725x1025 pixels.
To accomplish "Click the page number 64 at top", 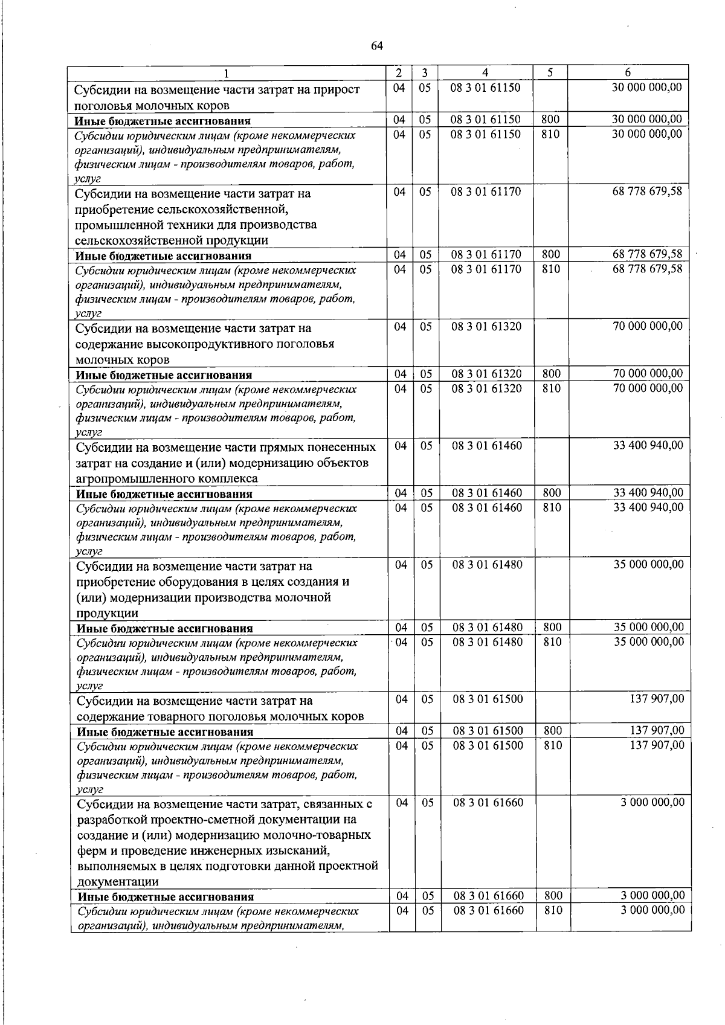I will pyautogui.click(x=377, y=46).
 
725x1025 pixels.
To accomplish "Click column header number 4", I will pyautogui.click(x=485, y=72).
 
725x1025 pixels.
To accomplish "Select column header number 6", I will pyautogui.click(x=628, y=72).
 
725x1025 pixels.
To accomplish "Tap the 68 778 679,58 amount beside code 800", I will pyautogui.click(x=647, y=254).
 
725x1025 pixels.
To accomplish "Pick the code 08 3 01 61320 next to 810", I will pyautogui.click(x=486, y=388).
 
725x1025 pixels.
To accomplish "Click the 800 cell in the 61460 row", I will pyautogui.click(x=552, y=493).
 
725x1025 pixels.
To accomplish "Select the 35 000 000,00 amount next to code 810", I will pyautogui.click(x=648, y=641).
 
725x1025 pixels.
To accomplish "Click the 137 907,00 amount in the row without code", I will pyautogui.click(x=657, y=699).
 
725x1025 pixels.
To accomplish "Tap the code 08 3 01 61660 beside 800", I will pyautogui.click(x=488, y=896).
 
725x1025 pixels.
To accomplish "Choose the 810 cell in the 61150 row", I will pyautogui.click(x=550, y=134).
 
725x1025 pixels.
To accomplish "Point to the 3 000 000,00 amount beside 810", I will pyautogui.click(x=652, y=910).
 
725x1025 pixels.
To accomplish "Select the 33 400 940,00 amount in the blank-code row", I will pyautogui.click(x=648, y=446).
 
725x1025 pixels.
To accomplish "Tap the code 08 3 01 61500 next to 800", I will pyautogui.click(x=488, y=731).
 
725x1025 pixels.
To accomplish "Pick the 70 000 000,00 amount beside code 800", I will pyautogui.click(x=648, y=374).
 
